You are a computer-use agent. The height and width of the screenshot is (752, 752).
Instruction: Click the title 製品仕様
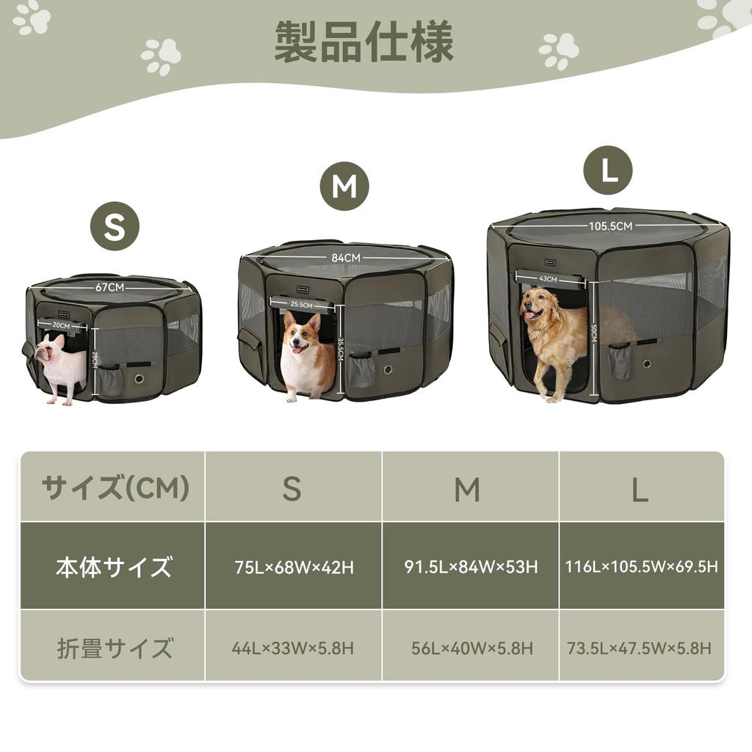pos(364,42)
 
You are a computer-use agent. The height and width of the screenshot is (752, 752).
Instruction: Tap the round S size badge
pos(115,226)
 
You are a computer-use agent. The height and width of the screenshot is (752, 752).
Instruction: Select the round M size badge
pos(344,187)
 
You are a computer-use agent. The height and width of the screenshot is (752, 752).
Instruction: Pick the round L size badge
pos(607,170)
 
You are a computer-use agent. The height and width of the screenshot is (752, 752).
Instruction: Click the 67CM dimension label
pos(109,287)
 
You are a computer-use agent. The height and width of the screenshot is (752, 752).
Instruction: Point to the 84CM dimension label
pos(346,258)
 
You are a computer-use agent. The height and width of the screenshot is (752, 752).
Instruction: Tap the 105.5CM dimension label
pos(609,226)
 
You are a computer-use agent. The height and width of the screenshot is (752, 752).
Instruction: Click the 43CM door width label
pos(548,279)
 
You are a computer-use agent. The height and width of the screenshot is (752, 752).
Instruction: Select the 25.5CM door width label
pos(301,304)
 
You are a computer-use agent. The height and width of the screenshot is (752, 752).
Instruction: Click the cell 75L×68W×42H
pos(294,568)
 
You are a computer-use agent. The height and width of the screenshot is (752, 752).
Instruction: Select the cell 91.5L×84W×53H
pos(471,567)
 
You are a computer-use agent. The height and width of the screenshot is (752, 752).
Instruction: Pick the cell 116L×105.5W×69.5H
pos(641,567)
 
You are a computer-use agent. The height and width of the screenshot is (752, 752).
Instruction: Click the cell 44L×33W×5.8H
pos(293,648)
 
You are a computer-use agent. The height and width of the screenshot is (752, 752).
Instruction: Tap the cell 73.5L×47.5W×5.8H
pos(640,648)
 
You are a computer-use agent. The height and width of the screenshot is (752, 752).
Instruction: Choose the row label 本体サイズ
pos(114,567)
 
